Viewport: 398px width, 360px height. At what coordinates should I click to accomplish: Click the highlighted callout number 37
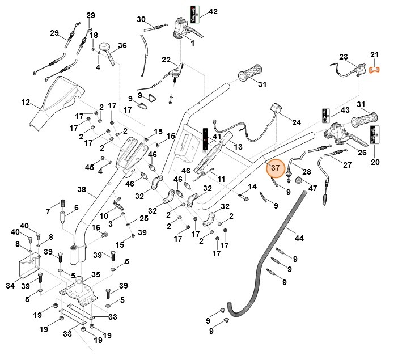tap(275, 168)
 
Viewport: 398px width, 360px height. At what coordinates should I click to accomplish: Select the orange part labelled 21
tap(374, 70)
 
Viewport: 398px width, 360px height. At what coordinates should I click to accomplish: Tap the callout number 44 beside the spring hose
tap(299, 238)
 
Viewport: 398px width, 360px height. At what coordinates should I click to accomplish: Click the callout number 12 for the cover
tap(26, 103)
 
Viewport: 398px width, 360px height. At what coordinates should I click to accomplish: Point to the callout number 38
tap(82, 189)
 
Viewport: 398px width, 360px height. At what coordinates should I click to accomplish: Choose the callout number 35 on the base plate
tap(96, 274)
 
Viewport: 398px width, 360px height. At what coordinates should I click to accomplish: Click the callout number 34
tap(10, 286)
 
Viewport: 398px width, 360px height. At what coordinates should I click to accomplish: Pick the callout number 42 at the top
tap(213, 11)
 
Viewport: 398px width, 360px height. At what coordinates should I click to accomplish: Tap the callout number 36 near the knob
tap(122, 45)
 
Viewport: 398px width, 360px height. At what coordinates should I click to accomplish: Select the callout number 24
tap(296, 122)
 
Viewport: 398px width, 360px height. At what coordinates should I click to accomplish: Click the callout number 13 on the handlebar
tap(238, 147)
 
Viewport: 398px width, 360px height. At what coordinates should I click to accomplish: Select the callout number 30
tap(142, 19)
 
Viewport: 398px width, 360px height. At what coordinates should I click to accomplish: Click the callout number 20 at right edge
tap(375, 162)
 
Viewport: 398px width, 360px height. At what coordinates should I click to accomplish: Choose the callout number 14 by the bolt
tap(253, 187)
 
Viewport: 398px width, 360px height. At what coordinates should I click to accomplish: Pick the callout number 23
tap(343, 57)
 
